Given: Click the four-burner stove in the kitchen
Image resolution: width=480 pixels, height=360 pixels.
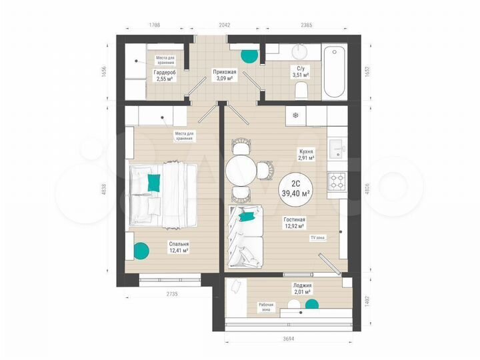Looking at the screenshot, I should (x=335, y=181).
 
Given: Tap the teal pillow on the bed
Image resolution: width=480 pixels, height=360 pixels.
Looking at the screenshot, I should (x=154, y=182).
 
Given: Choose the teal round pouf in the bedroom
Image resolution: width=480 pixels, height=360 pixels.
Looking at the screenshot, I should (x=141, y=251).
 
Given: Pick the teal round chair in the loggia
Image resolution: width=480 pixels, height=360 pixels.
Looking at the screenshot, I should (x=311, y=305).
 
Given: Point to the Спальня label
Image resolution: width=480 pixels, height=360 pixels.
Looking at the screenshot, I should (x=178, y=244).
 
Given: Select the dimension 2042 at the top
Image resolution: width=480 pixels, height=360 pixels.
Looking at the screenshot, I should (x=224, y=25).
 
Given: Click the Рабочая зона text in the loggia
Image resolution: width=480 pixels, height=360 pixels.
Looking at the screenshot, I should (x=267, y=307).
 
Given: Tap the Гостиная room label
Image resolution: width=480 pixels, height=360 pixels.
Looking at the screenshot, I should (x=293, y=219).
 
